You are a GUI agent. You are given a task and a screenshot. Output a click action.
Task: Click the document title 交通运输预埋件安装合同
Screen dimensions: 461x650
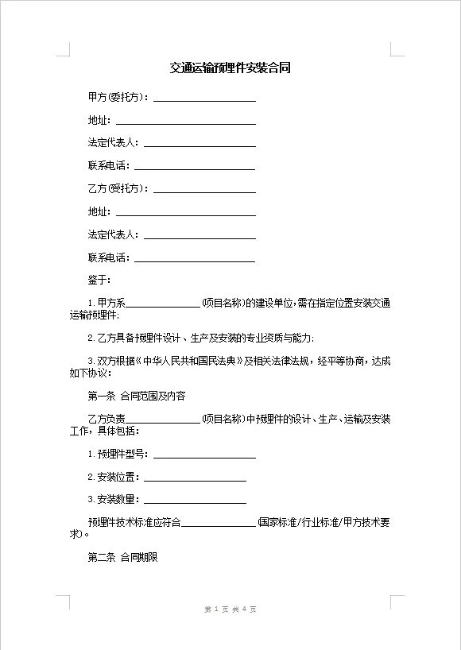230,68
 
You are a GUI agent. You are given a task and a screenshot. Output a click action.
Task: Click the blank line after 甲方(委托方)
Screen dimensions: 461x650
204,99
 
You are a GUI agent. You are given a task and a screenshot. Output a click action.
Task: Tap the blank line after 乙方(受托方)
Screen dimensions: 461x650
204,190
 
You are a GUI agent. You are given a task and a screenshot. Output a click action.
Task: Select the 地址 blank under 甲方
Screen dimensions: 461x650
186,122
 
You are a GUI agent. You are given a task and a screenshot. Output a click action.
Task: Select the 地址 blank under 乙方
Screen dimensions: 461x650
186,213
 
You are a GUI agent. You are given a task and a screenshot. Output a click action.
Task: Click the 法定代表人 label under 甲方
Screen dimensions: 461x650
113,143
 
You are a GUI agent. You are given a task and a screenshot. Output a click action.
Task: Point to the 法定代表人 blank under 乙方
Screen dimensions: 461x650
200,236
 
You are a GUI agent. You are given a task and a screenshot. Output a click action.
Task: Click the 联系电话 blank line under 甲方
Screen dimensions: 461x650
195,167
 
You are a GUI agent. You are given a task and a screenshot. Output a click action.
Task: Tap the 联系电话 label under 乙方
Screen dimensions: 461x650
108,257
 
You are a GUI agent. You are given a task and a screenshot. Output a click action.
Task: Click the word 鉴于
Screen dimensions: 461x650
99,281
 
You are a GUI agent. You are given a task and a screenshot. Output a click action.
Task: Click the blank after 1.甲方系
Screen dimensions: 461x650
164,304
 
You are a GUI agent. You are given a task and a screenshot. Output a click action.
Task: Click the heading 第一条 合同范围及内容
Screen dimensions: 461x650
136,396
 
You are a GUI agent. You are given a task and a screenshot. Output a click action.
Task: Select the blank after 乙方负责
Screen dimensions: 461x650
164,419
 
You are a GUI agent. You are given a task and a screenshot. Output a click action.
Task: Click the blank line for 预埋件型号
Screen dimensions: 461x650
204,455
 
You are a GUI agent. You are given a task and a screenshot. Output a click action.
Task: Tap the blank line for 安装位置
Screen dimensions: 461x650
195,478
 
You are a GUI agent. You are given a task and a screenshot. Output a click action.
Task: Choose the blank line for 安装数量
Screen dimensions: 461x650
195,501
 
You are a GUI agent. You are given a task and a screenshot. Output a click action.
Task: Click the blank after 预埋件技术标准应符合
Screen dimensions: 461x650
219,523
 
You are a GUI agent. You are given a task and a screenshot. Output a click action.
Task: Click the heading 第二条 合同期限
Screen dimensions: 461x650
122,558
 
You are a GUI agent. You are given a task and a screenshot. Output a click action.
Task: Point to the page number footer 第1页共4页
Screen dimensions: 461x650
230,609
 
